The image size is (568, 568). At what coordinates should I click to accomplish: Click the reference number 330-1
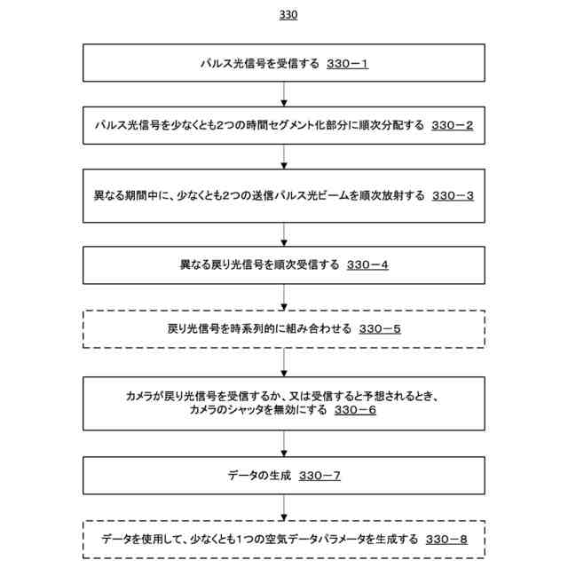[x=347, y=64]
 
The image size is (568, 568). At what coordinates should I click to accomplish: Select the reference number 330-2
[x=453, y=125]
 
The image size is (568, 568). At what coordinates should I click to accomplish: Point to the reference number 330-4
[x=367, y=264]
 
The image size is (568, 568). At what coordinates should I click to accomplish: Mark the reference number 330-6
[x=356, y=410]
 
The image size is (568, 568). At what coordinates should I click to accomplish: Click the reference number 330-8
[x=446, y=539]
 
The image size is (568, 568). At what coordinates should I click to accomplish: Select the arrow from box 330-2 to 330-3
[x=284, y=156]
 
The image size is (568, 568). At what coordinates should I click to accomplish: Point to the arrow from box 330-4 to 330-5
[x=284, y=296]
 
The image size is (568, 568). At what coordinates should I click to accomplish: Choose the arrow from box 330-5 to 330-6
[x=284, y=361]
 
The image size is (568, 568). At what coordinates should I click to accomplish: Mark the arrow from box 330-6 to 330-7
[x=284, y=443]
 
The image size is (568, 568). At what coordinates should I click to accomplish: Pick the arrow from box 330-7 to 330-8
[x=284, y=508]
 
